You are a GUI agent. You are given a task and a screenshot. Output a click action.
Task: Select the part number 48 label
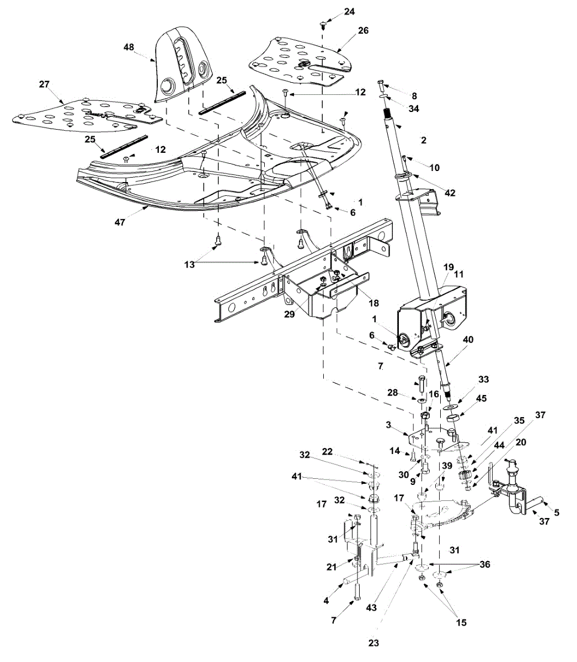(x=129, y=47)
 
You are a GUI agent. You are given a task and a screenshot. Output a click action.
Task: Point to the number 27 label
(x=44, y=84)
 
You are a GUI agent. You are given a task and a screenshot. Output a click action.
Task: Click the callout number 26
(x=363, y=30)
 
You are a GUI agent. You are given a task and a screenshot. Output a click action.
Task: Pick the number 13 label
(x=190, y=265)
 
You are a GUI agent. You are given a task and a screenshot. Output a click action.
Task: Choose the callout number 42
(x=451, y=193)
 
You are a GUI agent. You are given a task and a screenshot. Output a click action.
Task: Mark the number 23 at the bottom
(x=374, y=643)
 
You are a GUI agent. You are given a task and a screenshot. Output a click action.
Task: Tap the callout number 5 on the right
(x=557, y=512)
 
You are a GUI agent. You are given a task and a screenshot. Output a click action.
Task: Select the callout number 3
(x=389, y=425)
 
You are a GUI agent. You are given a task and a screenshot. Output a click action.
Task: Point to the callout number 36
(x=484, y=564)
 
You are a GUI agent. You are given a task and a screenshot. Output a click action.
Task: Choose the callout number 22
(x=343, y=451)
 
